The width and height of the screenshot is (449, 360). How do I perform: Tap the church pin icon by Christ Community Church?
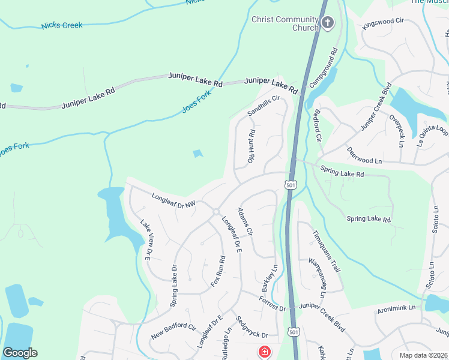point(327,23)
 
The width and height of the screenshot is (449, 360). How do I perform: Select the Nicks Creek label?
point(62,26)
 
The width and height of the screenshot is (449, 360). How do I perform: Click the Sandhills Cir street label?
point(264,106)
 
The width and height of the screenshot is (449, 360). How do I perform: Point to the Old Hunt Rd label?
point(252,147)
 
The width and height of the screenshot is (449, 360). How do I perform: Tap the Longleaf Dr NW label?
point(173,200)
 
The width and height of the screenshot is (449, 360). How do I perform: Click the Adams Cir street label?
point(245,222)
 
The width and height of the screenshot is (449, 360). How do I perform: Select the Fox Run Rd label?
point(217,272)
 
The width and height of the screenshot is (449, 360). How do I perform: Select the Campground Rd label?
point(324,67)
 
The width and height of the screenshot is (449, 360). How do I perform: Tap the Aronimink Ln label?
point(397,308)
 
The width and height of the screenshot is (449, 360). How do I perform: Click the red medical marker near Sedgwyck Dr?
point(264,352)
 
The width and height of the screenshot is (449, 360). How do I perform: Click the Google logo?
point(20,353)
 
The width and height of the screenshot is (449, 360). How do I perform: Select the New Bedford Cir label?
point(173,331)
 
